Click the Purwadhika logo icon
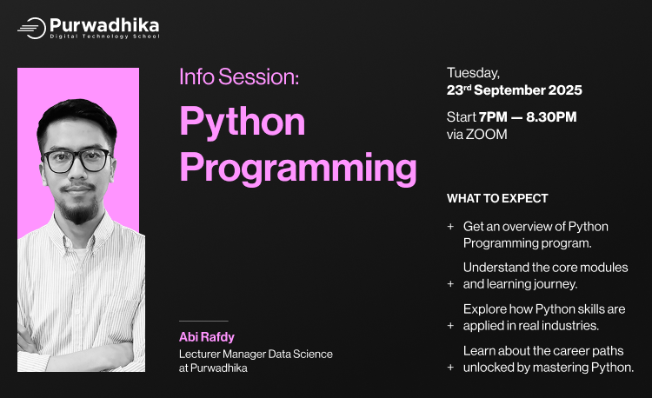pos(32,28)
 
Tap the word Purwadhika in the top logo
pos(104,25)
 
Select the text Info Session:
pos(239,76)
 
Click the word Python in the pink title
pos(243,122)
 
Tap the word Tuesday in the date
pos(474,73)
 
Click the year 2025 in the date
pos(564,90)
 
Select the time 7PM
pos(493,116)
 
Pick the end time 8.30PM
pos(551,116)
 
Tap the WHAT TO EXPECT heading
pos(497,198)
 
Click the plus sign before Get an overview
pos(450,226)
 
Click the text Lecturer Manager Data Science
pos(256,355)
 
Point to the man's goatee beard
pos(78,210)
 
